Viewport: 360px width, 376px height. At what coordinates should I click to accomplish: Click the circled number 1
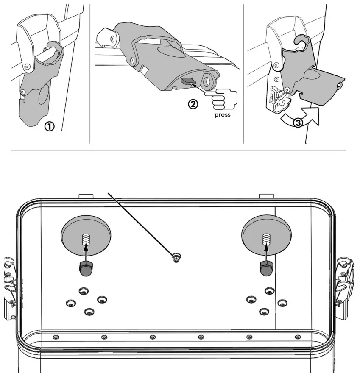click(x=50, y=126)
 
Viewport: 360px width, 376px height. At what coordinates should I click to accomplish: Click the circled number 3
click(x=298, y=123)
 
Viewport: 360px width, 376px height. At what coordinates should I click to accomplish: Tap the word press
click(x=223, y=115)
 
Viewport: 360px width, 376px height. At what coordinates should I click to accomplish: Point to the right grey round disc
click(x=266, y=235)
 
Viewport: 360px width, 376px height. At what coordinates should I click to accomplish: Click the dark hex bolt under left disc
click(x=86, y=269)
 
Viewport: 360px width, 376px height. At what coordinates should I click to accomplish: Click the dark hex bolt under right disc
click(x=266, y=269)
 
